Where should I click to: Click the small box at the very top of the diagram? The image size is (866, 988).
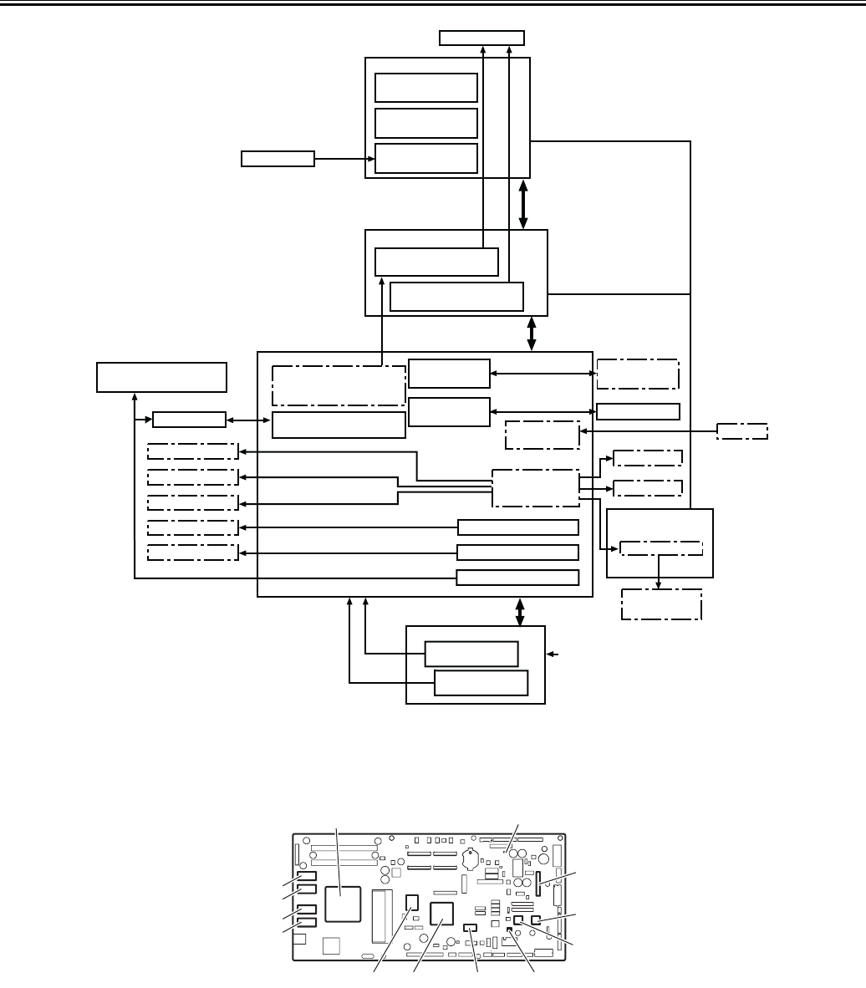pos(482,38)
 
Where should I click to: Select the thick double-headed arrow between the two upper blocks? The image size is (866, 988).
pos(524,203)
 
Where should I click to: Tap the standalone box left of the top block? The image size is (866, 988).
pos(278,158)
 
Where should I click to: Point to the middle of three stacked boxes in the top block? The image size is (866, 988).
pos(426,122)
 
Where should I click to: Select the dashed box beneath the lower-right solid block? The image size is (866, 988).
pos(661,605)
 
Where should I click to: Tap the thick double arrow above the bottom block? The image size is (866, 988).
pos(521,611)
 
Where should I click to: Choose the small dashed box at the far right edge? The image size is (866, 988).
pos(743,431)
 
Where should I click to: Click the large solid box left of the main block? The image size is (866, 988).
pos(161,377)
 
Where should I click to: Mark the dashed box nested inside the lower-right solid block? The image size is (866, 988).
pos(661,548)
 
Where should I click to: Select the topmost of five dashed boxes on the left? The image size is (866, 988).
pos(192,452)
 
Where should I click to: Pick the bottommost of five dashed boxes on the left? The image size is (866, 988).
pos(192,553)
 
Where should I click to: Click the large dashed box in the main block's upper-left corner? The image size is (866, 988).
pos(339,385)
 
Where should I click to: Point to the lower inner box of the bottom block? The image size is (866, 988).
pos(481,683)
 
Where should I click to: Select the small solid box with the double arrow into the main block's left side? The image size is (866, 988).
pos(189,419)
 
